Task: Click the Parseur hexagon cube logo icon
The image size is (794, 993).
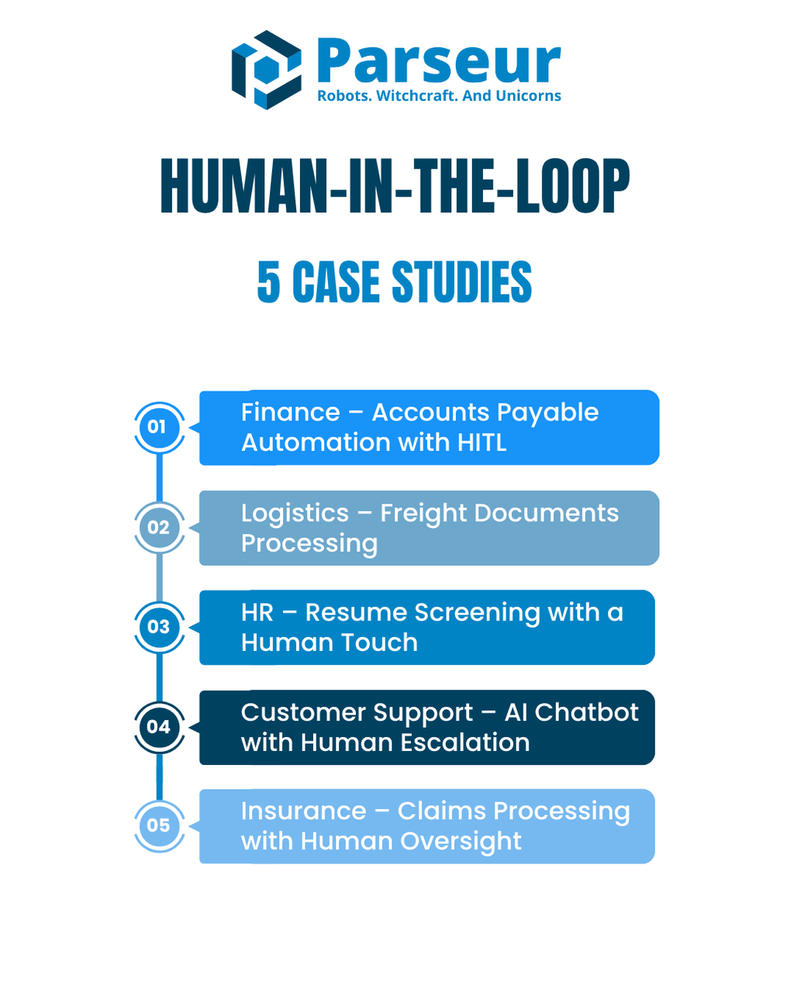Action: click(266, 70)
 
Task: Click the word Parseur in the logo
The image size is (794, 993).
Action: click(438, 62)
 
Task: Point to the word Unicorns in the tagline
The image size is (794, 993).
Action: click(528, 96)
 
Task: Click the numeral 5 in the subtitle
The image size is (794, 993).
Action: click(268, 282)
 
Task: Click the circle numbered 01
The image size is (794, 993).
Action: click(159, 427)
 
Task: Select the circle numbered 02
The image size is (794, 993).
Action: click(159, 528)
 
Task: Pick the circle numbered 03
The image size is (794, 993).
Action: click(159, 627)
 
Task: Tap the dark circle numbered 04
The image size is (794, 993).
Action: click(159, 727)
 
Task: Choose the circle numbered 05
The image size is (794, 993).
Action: click(159, 825)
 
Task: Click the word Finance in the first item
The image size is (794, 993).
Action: click(291, 413)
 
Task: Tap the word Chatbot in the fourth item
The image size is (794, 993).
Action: click(586, 712)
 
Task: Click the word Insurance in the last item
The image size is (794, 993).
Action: click(303, 811)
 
